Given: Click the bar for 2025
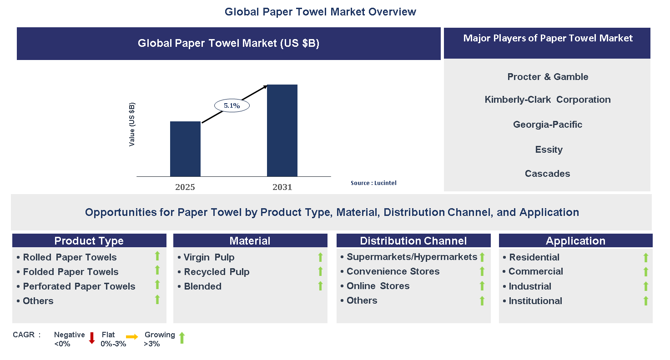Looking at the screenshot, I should (185, 149).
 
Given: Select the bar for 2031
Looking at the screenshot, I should (282, 130).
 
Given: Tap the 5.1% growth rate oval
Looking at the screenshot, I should (232, 105).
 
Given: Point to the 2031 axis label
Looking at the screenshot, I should (282, 187).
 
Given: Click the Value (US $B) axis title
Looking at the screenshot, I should (132, 124).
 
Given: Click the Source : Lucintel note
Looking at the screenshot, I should (373, 183).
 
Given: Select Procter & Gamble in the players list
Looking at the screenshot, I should (548, 77).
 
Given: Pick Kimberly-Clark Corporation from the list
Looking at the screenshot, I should (548, 100).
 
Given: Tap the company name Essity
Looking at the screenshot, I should (549, 150).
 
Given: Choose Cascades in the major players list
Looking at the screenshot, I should (547, 174).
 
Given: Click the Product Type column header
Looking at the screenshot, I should (89, 241).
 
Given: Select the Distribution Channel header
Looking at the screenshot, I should (413, 241).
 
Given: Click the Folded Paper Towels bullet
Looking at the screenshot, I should (71, 272).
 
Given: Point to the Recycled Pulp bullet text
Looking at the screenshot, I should (217, 272).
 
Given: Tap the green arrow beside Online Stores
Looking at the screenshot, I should (482, 286).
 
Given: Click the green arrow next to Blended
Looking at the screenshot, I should (320, 286).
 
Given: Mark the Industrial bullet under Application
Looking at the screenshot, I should (530, 286).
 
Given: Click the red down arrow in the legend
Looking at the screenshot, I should (91, 338).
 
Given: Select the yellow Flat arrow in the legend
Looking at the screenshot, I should (132, 337).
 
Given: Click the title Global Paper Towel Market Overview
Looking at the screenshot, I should (320, 12).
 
